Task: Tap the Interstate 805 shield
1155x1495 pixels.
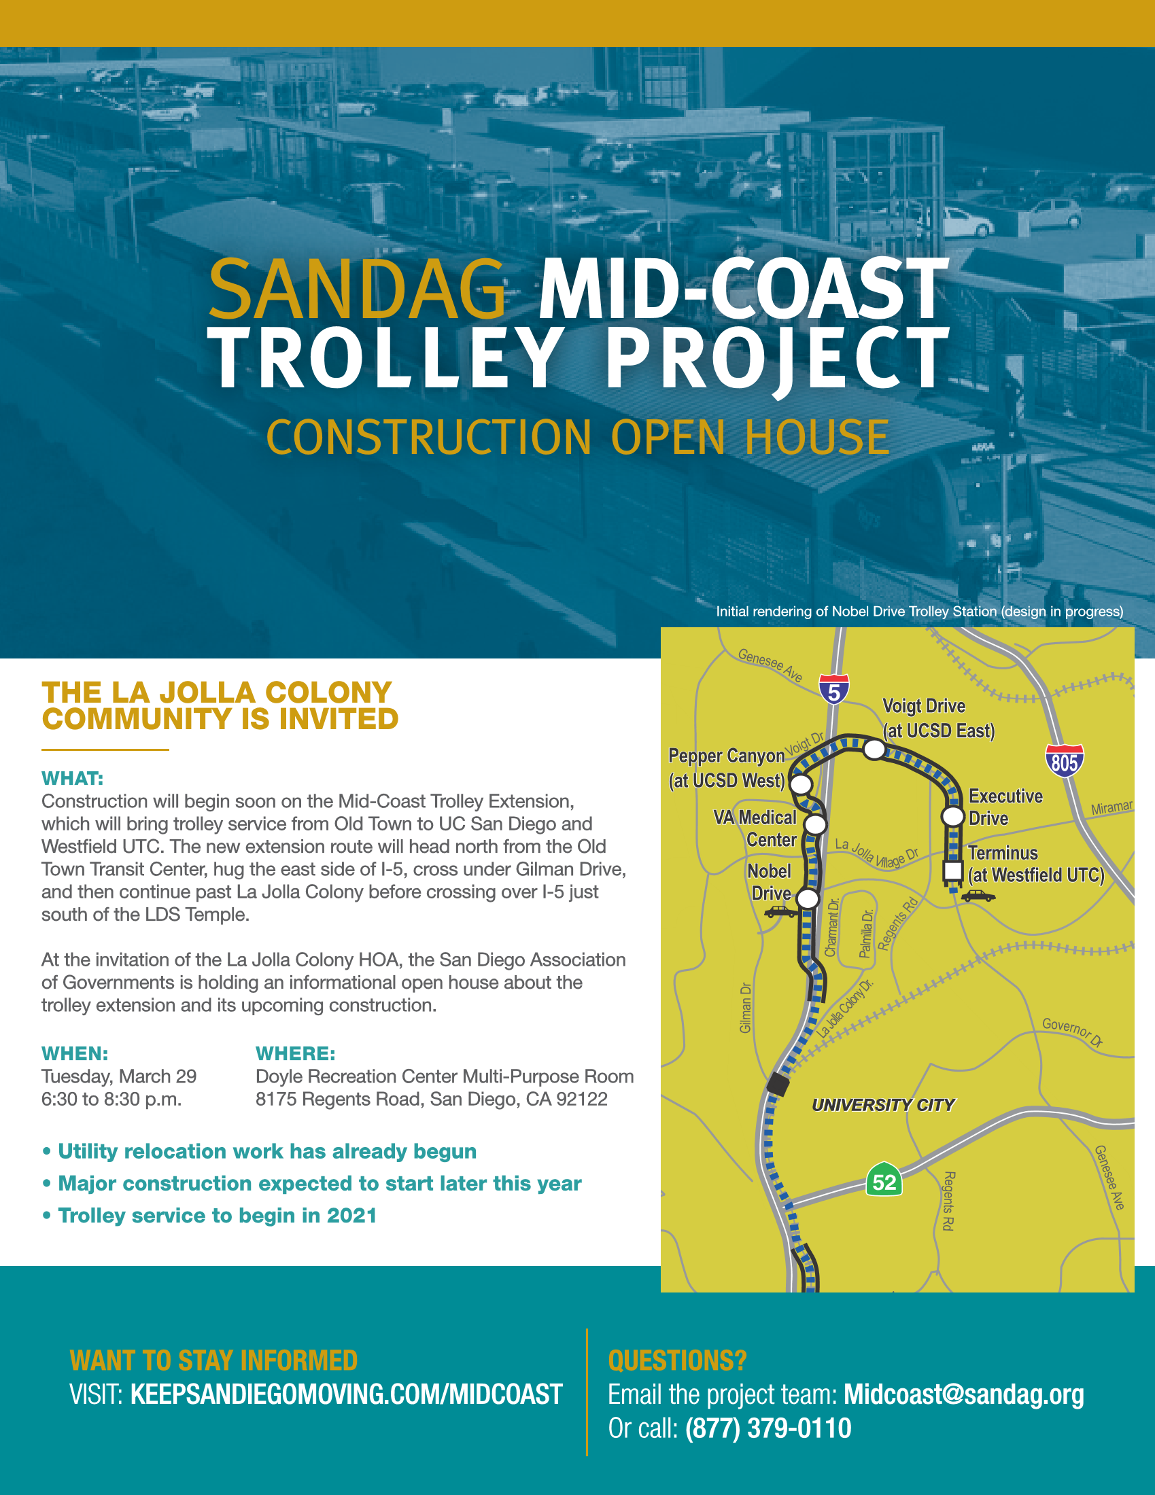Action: (1064, 760)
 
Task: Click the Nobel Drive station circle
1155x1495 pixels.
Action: (808, 899)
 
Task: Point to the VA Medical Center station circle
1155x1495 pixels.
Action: (815, 824)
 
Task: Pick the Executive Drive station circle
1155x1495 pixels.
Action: (952, 816)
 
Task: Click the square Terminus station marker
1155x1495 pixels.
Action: (953, 870)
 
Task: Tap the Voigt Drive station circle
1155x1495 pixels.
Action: (874, 750)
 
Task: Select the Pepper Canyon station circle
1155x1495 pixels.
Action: (801, 784)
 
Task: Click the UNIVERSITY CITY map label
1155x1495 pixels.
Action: (883, 1105)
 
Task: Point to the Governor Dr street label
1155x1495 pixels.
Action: (1072, 1032)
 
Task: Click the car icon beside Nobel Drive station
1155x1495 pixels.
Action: (780, 911)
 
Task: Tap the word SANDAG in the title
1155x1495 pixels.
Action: (358, 289)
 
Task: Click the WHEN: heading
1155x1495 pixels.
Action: (75, 1053)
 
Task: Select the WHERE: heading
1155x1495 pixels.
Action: (295, 1053)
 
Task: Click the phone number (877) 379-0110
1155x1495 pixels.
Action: (768, 1428)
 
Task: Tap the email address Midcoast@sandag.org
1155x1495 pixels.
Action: (963, 1394)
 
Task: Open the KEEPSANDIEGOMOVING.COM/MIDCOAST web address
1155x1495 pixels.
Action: (347, 1394)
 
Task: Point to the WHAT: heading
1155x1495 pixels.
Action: (73, 778)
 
